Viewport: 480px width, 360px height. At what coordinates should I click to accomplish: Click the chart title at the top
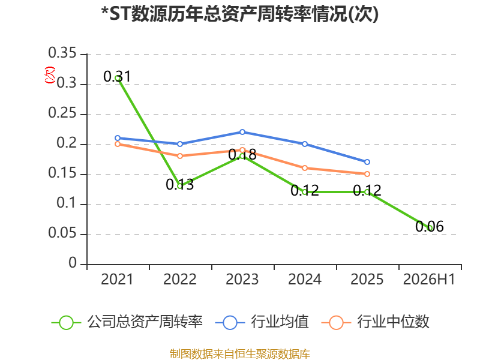240,14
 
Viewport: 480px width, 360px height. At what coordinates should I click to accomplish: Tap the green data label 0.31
117,77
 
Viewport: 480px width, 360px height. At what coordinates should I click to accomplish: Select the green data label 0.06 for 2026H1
430,227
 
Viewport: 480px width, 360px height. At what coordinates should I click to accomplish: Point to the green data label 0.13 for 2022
179,184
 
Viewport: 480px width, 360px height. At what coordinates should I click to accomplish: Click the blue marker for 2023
242,132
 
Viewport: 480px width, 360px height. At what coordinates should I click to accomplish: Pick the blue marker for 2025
367,162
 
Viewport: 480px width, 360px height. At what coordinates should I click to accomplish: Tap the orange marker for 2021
118,144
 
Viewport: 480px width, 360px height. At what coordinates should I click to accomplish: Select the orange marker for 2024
305,168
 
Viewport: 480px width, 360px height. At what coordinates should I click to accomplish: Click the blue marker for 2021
118,138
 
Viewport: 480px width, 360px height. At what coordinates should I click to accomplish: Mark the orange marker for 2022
180,156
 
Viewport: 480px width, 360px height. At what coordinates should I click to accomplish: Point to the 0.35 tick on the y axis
62,53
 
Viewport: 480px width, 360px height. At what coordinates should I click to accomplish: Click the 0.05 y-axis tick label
62,233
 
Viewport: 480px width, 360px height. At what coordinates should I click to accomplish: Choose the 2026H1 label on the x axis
429,279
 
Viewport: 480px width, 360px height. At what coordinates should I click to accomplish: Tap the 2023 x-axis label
242,279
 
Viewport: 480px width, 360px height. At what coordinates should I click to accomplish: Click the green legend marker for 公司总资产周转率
66,323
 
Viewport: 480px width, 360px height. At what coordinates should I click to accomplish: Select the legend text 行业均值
280,322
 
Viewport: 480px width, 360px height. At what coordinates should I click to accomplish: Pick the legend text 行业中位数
393,322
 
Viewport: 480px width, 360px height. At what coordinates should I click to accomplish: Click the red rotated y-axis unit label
50,75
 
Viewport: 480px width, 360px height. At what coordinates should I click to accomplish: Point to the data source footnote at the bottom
240,353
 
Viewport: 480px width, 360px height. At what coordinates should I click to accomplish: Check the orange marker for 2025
367,174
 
